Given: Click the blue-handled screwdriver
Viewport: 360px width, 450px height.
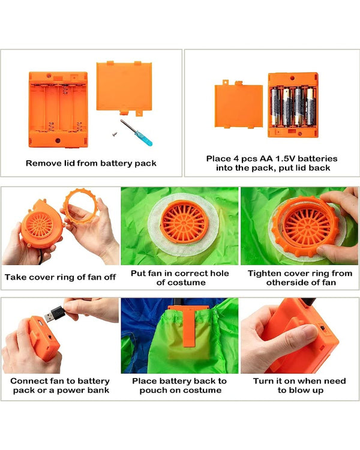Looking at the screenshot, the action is (x=136, y=133).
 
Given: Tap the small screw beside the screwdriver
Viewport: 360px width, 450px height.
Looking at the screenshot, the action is (x=115, y=133).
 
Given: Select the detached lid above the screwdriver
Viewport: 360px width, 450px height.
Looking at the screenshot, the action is (x=124, y=88).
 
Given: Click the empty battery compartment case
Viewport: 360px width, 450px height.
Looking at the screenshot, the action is (x=58, y=109).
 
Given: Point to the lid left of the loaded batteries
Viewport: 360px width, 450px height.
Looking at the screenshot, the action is (x=239, y=105).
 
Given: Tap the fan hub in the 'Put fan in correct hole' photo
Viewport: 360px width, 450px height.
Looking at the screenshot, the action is (x=184, y=222).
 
